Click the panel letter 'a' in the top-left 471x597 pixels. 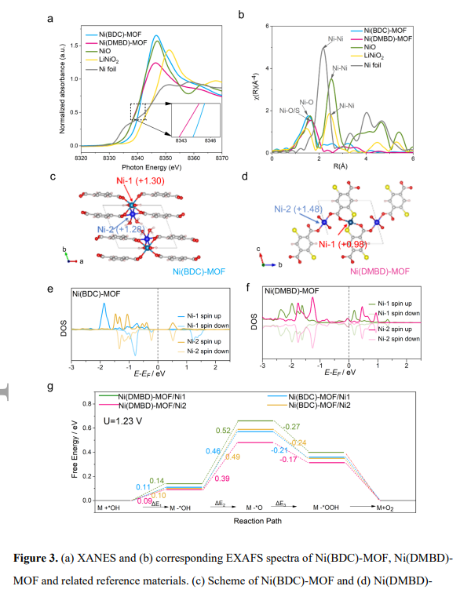pos(72,18)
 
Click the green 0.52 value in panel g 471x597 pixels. pos(222,430)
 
